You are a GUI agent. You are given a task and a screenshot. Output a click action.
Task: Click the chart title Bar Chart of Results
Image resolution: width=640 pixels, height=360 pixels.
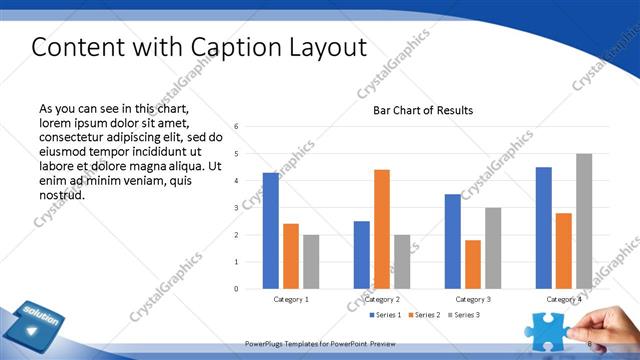pos(423,110)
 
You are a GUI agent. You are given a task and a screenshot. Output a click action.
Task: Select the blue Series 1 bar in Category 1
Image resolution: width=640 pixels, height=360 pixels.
pos(271,230)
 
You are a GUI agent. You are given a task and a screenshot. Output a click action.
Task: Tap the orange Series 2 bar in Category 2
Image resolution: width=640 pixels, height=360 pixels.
pos(382,229)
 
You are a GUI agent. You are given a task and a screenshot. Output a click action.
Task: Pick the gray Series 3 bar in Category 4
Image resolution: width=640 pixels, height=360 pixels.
pos(584,221)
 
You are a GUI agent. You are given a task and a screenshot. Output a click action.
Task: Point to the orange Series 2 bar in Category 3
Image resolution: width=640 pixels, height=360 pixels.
pos(473,264)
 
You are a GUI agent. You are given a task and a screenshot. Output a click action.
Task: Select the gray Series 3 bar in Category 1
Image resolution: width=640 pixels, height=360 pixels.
pos(311,261)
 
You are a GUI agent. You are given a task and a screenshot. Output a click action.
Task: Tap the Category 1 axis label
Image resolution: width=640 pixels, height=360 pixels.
pos(291,299)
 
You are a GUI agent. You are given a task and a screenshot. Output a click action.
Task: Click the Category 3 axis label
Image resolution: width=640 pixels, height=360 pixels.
pos(473,299)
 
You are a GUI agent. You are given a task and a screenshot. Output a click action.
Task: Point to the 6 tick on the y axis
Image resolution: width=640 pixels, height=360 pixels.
pos(236,127)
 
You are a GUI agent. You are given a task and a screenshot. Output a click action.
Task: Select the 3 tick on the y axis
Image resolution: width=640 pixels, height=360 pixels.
pos(236,208)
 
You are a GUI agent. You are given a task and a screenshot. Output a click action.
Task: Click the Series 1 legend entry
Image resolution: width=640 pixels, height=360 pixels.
pos(385,315)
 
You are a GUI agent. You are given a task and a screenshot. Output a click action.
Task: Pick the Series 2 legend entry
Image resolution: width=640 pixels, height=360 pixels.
pos(423,315)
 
